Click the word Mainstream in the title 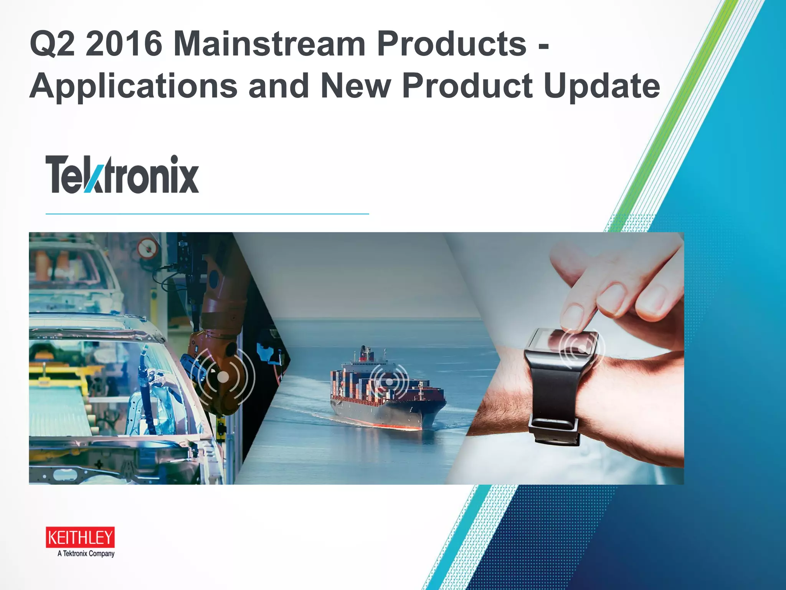(x=269, y=44)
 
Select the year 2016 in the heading (x=124, y=44)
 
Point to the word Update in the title (x=602, y=86)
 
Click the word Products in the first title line (x=451, y=44)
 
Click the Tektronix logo (x=122, y=174)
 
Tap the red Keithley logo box (x=80, y=537)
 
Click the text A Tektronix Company (x=86, y=554)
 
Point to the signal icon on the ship (x=389, y=381)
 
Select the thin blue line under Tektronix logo (x=207, y=214)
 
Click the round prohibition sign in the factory (x=147, y=249)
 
